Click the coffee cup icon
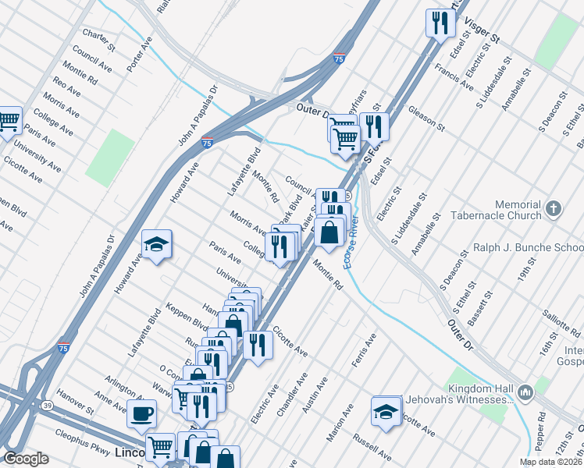pos(142,413)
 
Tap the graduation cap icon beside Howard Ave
pos(156,244)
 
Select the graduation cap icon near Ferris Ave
pos(386,411)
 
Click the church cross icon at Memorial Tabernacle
pos(553,207)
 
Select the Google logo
pos(27,459)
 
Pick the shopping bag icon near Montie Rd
pos(330,232)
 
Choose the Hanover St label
pos(73,407)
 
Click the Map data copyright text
pos(551,462)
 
